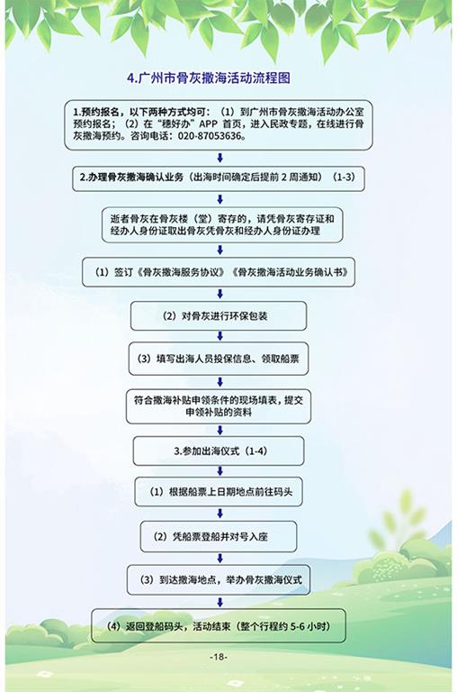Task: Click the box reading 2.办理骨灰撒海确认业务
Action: [219, 178]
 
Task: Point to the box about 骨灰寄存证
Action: [222, 225]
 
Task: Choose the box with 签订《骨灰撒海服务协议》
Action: [219, 272]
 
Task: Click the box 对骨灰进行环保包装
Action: [219, 316]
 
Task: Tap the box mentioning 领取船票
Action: [219, 359]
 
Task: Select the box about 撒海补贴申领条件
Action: [219, 406]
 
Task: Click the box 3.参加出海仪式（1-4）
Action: [219, 451]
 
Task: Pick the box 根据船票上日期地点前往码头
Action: [219, 492]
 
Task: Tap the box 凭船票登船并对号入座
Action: [219, 537]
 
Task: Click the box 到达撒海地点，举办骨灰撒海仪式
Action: [219, 580]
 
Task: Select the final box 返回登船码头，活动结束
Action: [219, 626]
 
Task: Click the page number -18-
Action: [219, 657]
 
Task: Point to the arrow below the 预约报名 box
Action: [220, 158]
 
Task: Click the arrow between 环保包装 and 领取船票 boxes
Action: [220, 336]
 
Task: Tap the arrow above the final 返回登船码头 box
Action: [220, 602]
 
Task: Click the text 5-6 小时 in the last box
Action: [310, 626]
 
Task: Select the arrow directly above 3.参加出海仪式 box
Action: [220, 431]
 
